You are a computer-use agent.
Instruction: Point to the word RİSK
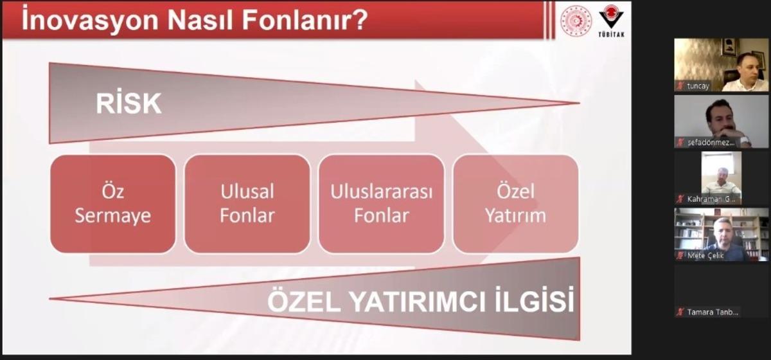click(x=128, y=104)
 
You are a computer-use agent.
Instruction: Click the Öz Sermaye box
click(x=113, y=203)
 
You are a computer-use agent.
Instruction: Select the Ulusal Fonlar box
click(x=247, y=203)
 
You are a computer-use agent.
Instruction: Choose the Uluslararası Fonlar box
click(x=382, y=203)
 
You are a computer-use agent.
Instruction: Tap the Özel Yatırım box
click(x=516, y=203)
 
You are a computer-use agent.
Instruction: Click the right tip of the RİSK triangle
click(x=576, y=103)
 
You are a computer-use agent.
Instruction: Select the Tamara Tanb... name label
click(x=713, y=312)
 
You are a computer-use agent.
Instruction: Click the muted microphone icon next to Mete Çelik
click(x=680, y=255)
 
